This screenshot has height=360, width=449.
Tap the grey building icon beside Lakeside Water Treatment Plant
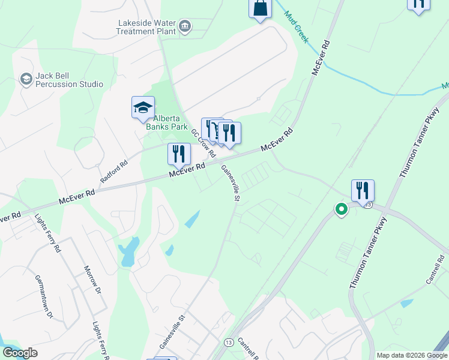(x=185, y=26)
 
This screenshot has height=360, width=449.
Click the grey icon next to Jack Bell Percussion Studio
(x=26, y=79)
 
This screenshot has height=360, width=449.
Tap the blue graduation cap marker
(x=143, y=108)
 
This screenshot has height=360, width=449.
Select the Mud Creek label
(x=297, y=27)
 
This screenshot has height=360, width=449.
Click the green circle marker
(x=341, y=209)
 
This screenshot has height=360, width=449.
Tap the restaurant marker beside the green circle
(x=363, y=191)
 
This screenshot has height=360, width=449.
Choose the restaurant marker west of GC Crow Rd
(x=179, y=154)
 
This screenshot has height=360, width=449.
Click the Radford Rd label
(x=115, y=173)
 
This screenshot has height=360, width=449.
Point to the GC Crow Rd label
(x=203, y=142)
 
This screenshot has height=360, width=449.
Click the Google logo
(x=20, y=353)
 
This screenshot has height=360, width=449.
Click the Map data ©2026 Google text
(x=412, y=355)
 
